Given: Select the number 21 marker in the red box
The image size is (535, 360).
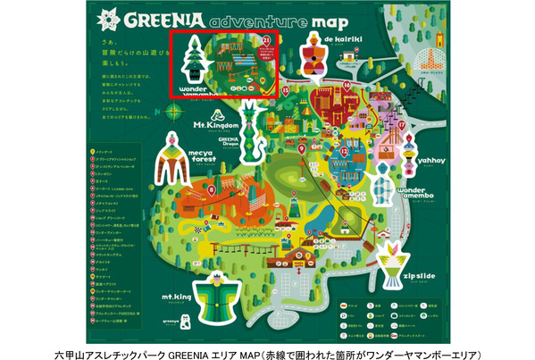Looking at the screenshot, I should (x=264, y=39).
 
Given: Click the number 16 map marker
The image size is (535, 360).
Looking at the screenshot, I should (x=346, y=87).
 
